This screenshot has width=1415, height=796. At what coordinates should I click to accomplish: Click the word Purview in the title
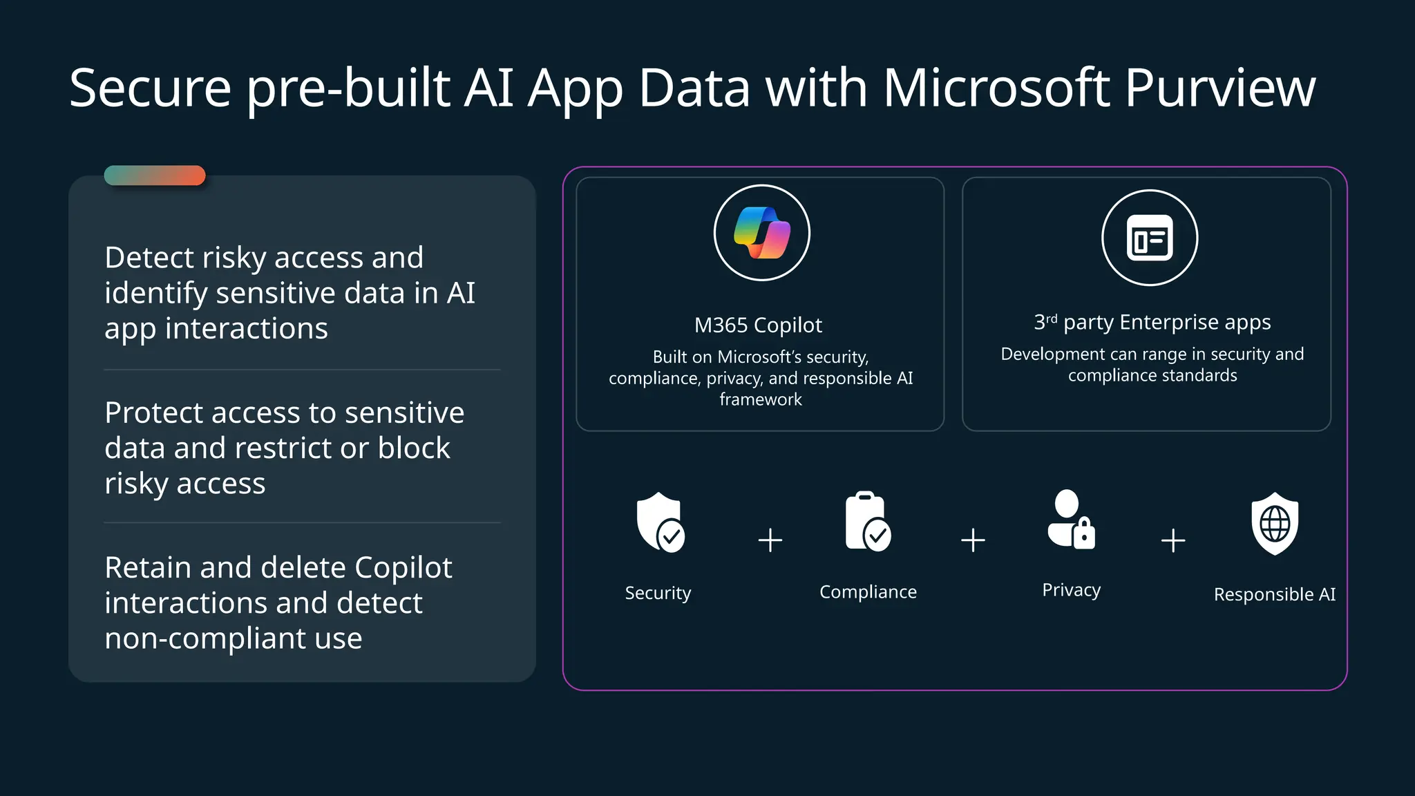[x=1219, y=88]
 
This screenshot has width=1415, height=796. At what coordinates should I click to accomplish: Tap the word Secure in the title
[x=150, y=88]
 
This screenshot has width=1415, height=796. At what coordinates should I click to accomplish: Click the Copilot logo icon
[x=761, y=233]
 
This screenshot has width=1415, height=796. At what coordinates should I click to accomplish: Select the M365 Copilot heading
[x=758, y=325]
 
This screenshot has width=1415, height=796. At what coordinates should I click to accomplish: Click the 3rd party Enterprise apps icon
[x=1149, y=238]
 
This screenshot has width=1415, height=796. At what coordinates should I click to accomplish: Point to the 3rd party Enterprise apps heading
[x=1152, y=322]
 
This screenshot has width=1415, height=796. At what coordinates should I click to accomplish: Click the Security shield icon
[x=660, y=522]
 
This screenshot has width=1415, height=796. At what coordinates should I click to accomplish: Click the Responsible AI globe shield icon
[x=1274, y=523]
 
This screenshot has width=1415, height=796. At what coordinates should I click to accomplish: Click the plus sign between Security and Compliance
[x=770, y=540]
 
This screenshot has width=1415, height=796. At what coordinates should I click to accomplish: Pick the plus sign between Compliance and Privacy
[x=973, y=540]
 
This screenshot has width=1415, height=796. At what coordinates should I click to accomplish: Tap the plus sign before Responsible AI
[x=1172, y=540]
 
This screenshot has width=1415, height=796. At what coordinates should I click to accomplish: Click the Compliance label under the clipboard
[x=868, y=592]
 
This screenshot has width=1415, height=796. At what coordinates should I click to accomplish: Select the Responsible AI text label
[x=1274, y=594]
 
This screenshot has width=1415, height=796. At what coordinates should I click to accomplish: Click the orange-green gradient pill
[x=155, y=176]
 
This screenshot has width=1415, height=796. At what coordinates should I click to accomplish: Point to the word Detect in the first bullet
[x=149, y=258]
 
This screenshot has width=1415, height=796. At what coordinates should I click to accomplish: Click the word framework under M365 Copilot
[x=760, y=399]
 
